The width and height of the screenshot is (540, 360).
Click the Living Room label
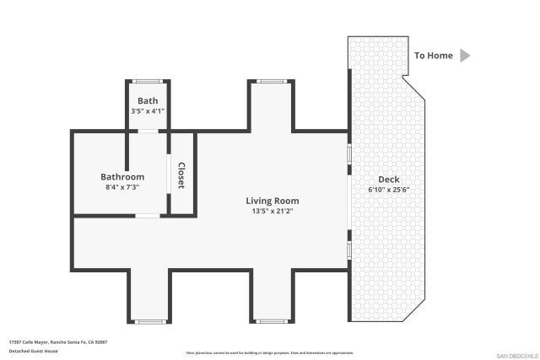tap(273, 201)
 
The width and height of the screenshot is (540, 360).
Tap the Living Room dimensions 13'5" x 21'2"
tap(273, 211)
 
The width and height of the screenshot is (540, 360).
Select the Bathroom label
tap(122, 177)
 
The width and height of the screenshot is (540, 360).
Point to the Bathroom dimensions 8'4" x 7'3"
tap(122, 187)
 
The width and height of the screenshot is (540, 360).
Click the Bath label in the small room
tap(148, 100)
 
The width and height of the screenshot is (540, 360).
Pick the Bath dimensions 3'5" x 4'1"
tap(148, 110)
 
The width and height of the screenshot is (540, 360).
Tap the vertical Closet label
tap(181, 175)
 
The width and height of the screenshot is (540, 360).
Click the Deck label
tap(389, 180)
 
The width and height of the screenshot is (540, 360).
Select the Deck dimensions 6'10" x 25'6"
tap(389, 190)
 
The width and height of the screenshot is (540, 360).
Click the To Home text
tap(433, 56)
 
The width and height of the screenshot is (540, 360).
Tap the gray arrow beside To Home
tap(465, 56)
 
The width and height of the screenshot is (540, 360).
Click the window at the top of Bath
tap(148, 81)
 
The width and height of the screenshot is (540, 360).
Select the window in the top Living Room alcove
tap(271, 81)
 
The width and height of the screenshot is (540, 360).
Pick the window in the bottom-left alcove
tap(149, 321)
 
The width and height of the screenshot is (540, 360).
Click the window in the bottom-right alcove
tap(271, 321)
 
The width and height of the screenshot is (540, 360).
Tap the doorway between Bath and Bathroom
tap(148, 131)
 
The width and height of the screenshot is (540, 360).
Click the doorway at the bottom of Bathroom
tap(148, 217)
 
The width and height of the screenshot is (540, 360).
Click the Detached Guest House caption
tap(34, 351)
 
